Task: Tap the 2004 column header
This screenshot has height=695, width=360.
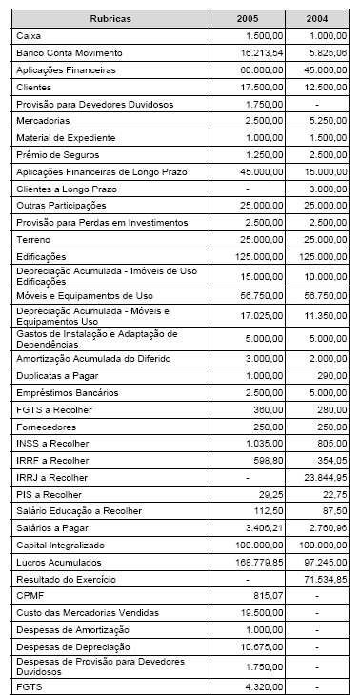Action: (x=325, y=19)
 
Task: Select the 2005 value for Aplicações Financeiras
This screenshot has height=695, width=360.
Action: (x=270, y=70)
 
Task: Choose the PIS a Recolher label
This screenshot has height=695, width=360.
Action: (x=49, y=494)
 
